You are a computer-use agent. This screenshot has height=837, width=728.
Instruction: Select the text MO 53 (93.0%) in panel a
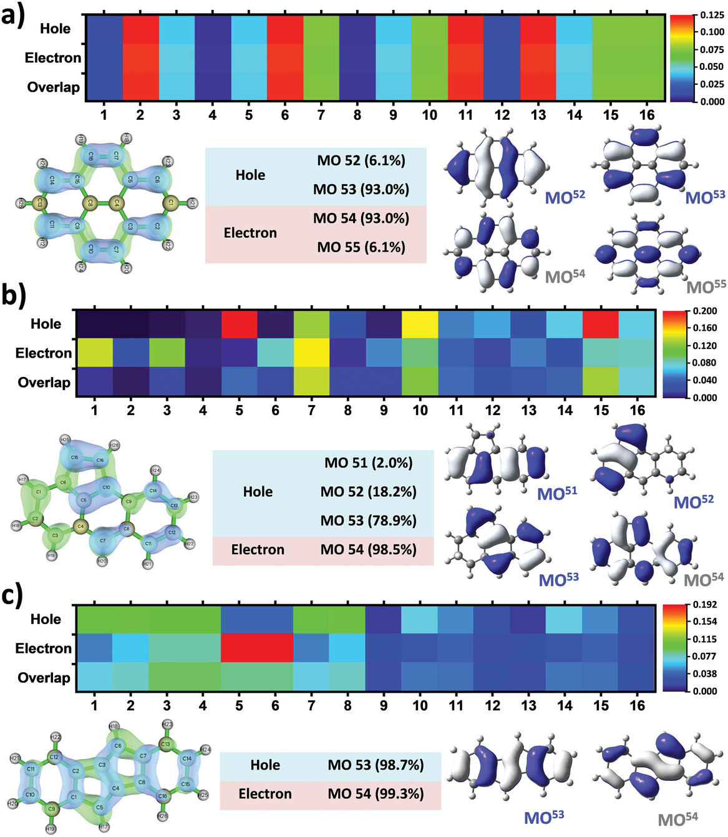coord(361,190)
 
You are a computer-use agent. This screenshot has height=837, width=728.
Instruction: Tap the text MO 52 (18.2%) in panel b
coord(368,492)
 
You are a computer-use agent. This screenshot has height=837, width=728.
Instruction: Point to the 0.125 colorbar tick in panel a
coord(712,15)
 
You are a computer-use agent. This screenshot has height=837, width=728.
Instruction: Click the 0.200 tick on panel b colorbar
coord(705,311)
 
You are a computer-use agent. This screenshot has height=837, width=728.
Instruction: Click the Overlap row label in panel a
coord(53,87)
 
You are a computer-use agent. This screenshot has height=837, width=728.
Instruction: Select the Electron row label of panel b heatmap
coord(44,353)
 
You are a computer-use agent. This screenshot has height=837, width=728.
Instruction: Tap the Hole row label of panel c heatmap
coord(46,619)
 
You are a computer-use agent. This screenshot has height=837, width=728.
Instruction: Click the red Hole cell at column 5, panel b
coord(240,324)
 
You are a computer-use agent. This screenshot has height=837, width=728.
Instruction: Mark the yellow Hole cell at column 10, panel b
coord(420,324)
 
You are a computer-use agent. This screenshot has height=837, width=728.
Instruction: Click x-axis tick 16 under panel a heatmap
coord(647,115)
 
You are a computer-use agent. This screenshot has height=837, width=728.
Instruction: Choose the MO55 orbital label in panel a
coord(706,286)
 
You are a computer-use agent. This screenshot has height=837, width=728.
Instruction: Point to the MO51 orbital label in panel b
coord(557,494)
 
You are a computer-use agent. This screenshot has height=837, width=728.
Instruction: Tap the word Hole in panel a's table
coord(250,175)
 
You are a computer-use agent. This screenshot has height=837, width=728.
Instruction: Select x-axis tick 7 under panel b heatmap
coord(311,410)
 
